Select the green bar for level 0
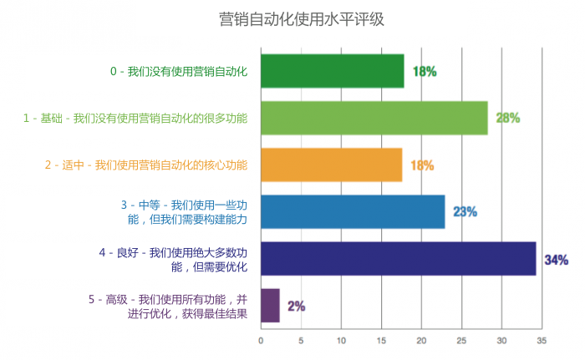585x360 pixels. tap(332, 71)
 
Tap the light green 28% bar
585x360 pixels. tap(374, 118)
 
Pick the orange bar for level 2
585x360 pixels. tap(331, 165)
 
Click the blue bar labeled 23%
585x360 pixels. tap(353, 211)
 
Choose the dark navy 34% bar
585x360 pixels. tap(398, 258)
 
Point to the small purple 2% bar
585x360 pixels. tap(270, 306)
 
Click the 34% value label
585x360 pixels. tap(556, 260)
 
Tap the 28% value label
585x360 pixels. tap(507, 118)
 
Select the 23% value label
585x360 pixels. tap(465, 212)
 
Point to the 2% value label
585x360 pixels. tap(296, 307)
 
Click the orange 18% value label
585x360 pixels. tap(421, 165)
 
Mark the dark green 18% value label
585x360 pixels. tap(424, 72)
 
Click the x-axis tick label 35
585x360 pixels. tap(542, 341)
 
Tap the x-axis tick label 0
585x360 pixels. tap(261, 341)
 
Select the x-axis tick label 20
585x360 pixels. tap(421, 341)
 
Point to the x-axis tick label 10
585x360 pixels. tap(341, 341)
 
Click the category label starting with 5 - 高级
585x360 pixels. tap(167, 306)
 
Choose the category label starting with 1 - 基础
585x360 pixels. tap(135, 119)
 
